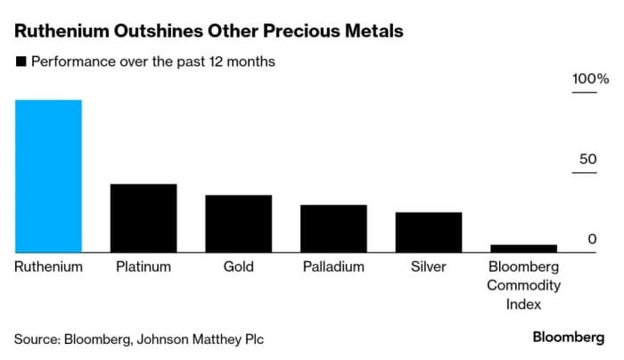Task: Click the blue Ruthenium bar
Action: click(48, 176)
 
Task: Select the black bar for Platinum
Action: click(144, 218)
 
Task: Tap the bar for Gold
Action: click(238, 224)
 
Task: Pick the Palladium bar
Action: click(333, 229)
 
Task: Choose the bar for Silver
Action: click(429, 233)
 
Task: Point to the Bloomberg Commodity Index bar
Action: click(523, 249)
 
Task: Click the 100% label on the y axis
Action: click(589, 79)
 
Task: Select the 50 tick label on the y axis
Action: click(587, 159)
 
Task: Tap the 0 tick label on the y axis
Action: click(591, 239)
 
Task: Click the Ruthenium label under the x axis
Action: click(48, 266)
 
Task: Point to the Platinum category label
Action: click(144, 266)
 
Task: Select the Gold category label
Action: click(238, 266)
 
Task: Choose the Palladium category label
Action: click(333, 266)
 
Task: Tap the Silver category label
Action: click(429, 266)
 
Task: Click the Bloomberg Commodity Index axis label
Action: click(523, 285)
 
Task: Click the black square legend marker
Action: click(19, 62)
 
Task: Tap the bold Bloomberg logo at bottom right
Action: click(568, 337)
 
